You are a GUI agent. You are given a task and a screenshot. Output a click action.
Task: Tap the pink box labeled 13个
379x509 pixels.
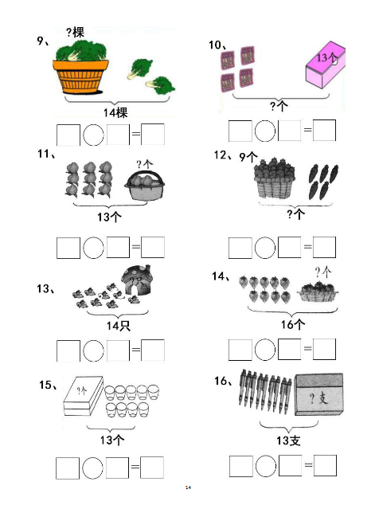click(x=326, y=65)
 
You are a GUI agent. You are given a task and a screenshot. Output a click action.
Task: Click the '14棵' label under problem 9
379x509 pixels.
click(x=115, y=112)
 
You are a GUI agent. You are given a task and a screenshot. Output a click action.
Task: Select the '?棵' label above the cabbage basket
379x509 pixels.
click(x=76, y=33)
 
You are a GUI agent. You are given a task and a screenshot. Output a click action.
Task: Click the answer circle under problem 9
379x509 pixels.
click(x=93, y=135)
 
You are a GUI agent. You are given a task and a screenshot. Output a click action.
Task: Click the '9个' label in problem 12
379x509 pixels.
click(x=248, y=157)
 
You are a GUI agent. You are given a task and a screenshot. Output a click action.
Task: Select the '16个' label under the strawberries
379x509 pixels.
click(x=293, y=324)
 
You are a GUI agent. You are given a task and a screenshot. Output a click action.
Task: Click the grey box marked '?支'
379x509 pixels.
click(x=319, y=394)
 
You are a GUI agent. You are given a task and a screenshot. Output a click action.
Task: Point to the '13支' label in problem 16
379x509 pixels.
click(x=288, y=440)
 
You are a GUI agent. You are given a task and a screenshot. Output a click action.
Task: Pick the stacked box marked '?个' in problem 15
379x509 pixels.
click(x=84, y=396)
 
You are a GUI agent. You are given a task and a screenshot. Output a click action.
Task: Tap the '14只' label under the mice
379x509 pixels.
click(x=119, y=326)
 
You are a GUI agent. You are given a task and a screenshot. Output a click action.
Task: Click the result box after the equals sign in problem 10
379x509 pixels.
click(x=324, y=130)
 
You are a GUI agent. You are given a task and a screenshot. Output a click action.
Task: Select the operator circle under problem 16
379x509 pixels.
click(x=266, y=466)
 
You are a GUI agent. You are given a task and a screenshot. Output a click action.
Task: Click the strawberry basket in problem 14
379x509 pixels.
click(x=318, y=292)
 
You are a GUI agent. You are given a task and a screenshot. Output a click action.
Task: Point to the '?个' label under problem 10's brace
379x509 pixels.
click(x=279, y=106)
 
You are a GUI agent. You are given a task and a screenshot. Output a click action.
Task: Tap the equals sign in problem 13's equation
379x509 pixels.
click(x=135, y=350)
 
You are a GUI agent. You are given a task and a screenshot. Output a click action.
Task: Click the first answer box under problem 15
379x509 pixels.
click(x=68, y=468)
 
